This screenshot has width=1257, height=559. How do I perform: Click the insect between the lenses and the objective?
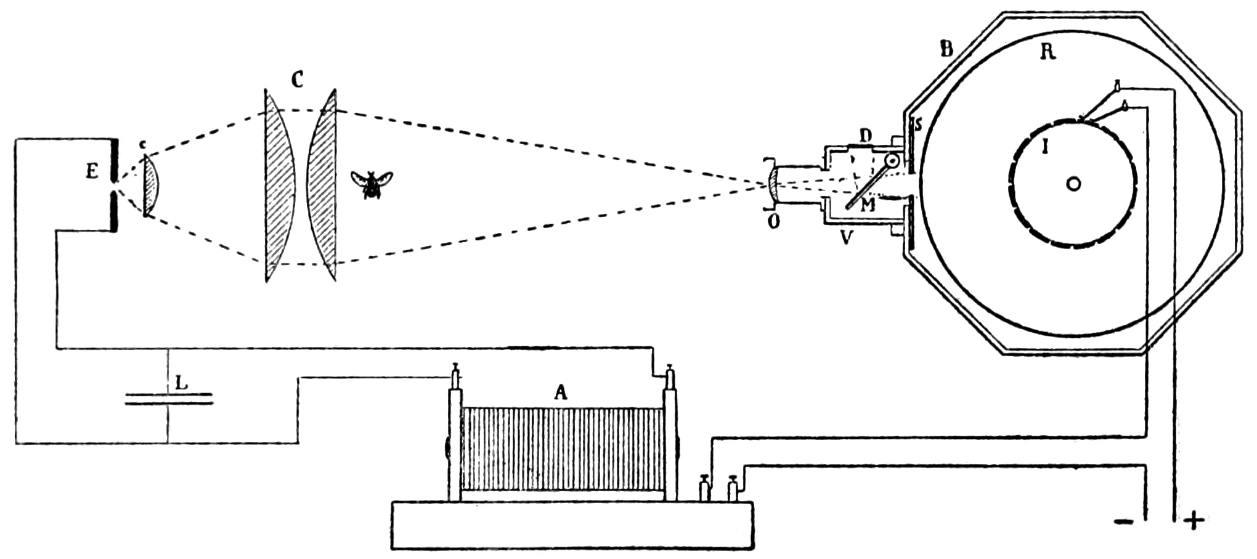372,183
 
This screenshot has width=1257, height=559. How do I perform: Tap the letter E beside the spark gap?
92,172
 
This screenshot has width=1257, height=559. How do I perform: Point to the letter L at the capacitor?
181,383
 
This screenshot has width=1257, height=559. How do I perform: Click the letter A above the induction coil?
560,393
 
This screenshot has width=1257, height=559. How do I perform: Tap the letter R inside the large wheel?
1047,52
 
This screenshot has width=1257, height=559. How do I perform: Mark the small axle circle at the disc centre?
1073,184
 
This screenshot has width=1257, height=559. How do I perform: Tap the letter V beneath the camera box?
847,237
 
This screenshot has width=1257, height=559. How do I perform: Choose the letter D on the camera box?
866,136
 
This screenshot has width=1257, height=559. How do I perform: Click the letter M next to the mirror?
868,206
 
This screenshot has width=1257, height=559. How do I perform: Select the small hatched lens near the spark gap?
152,185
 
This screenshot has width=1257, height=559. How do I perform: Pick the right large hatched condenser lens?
324,185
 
